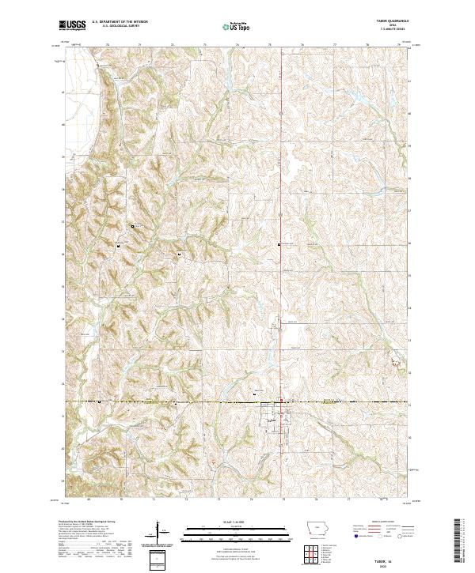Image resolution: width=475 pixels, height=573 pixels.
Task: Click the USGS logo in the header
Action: click(x=70, y=26)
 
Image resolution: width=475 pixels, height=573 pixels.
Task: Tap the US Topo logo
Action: click(x=230, y=27)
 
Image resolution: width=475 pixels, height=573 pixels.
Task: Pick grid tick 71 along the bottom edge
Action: click(x=154, y=499)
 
